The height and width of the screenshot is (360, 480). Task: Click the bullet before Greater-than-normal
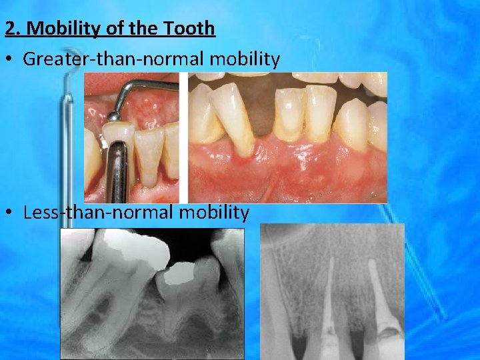coord(9,59)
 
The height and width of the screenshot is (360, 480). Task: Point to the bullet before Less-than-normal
coord(9,213)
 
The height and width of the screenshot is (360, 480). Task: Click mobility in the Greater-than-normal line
coord(247,59)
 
